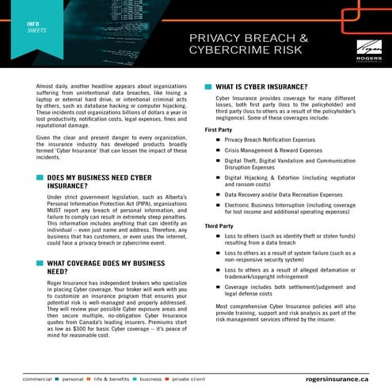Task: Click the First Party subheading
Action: click(220, 130)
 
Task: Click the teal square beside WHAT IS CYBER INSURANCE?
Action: click(208, 86)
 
